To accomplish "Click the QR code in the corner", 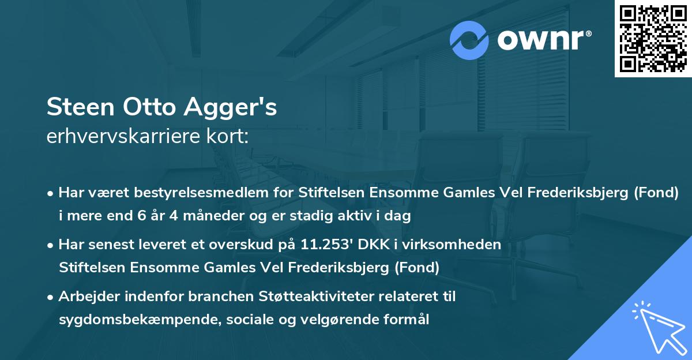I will (653, 39).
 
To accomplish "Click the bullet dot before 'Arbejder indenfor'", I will (51, 298).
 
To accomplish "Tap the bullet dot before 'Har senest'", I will (51, 245).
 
